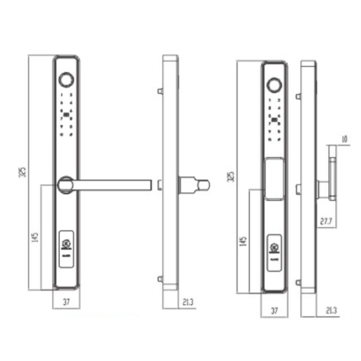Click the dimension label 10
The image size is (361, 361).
(344, 139)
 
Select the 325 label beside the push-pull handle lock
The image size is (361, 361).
(231, 176)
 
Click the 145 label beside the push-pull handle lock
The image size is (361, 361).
(244, 242)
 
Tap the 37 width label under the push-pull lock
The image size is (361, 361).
(274, 310)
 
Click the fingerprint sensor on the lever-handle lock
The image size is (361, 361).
(66, 79)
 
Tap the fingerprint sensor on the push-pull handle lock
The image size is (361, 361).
(273, 84)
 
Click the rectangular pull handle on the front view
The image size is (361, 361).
(273, 178)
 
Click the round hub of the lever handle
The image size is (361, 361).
(66, 184)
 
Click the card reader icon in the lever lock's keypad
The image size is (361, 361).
(66, 115)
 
